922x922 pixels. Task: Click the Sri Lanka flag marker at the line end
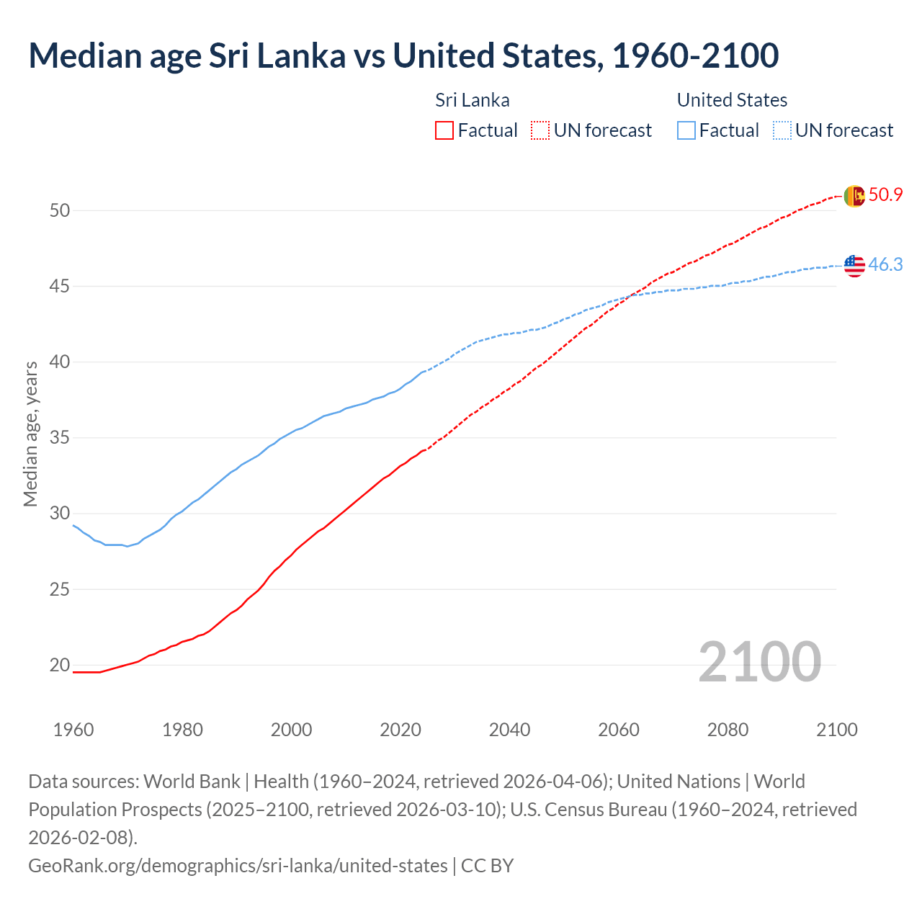pyautogui.click(x=854, y=196)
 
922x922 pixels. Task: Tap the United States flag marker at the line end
pyautogui.click(x=854, y=266)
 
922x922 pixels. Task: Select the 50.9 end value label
pyautogui.click(x=885, y=194)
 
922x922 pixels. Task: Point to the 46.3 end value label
pyautogui.click(x=885, y=264)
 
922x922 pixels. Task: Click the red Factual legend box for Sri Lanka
pyautogui.click(x=444, y=130)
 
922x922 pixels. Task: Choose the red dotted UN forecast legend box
pyautogui.click(x=540, y=130)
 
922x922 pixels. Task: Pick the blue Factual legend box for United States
pyautogui.click(x=686, y=130)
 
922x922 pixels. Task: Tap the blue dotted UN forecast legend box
pyautogui.click(x=782, y=130)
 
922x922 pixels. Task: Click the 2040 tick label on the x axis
pyautogui.click(x=509, y=730)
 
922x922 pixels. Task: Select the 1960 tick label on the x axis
pyautogui.click(x=73, y=730)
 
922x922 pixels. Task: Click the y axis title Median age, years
pyautogui.click(x=30, y=434)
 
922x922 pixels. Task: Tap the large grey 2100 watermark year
pyautogui.click(x=759, y=662)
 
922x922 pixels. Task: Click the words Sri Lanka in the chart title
pyautogui.click(x=277, y=55)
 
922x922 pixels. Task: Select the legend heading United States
pyautogui.click(x=732, y=100)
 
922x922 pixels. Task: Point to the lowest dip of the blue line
pyautogui.click(x=127, y=546)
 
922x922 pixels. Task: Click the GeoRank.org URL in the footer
pyautogui.click(x=238, y=865)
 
